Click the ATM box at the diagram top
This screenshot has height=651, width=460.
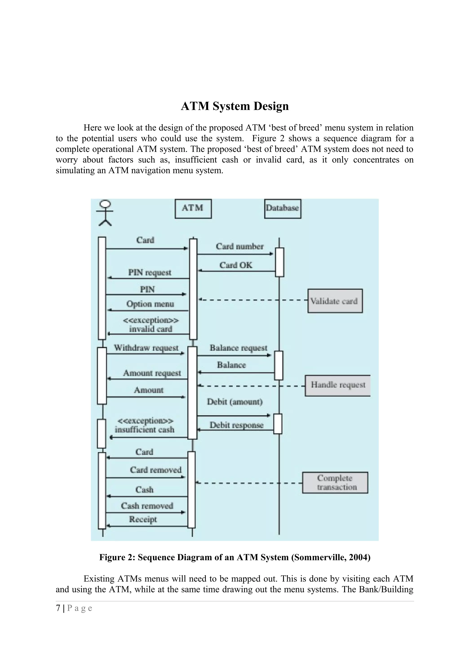pos(193,209)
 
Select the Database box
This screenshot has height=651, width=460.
pos(282,209)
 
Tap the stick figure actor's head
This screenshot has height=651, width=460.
pos(106,204)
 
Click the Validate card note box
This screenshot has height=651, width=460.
pos(335,301)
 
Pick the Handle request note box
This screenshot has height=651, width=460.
pos(338,385)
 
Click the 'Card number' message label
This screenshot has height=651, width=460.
pos(239,246)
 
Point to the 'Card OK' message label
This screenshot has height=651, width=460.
pos(236,265)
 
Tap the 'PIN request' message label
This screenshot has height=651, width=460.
pos(150,272)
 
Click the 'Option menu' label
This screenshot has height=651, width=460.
pos(150,304)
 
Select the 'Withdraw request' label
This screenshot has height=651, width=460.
pos(146,348)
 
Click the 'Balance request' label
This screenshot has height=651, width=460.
pos(238,348)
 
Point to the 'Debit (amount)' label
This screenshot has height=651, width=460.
pos(235,402)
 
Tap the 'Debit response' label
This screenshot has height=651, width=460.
pos(236,425)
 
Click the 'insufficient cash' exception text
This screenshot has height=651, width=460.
pos(144,430)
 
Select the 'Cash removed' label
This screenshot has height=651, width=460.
pos(147,506)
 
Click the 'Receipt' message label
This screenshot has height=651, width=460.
pos(143,519)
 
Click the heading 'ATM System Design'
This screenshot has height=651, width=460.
pos(235,106)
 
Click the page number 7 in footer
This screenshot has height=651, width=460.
pos(58,608)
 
